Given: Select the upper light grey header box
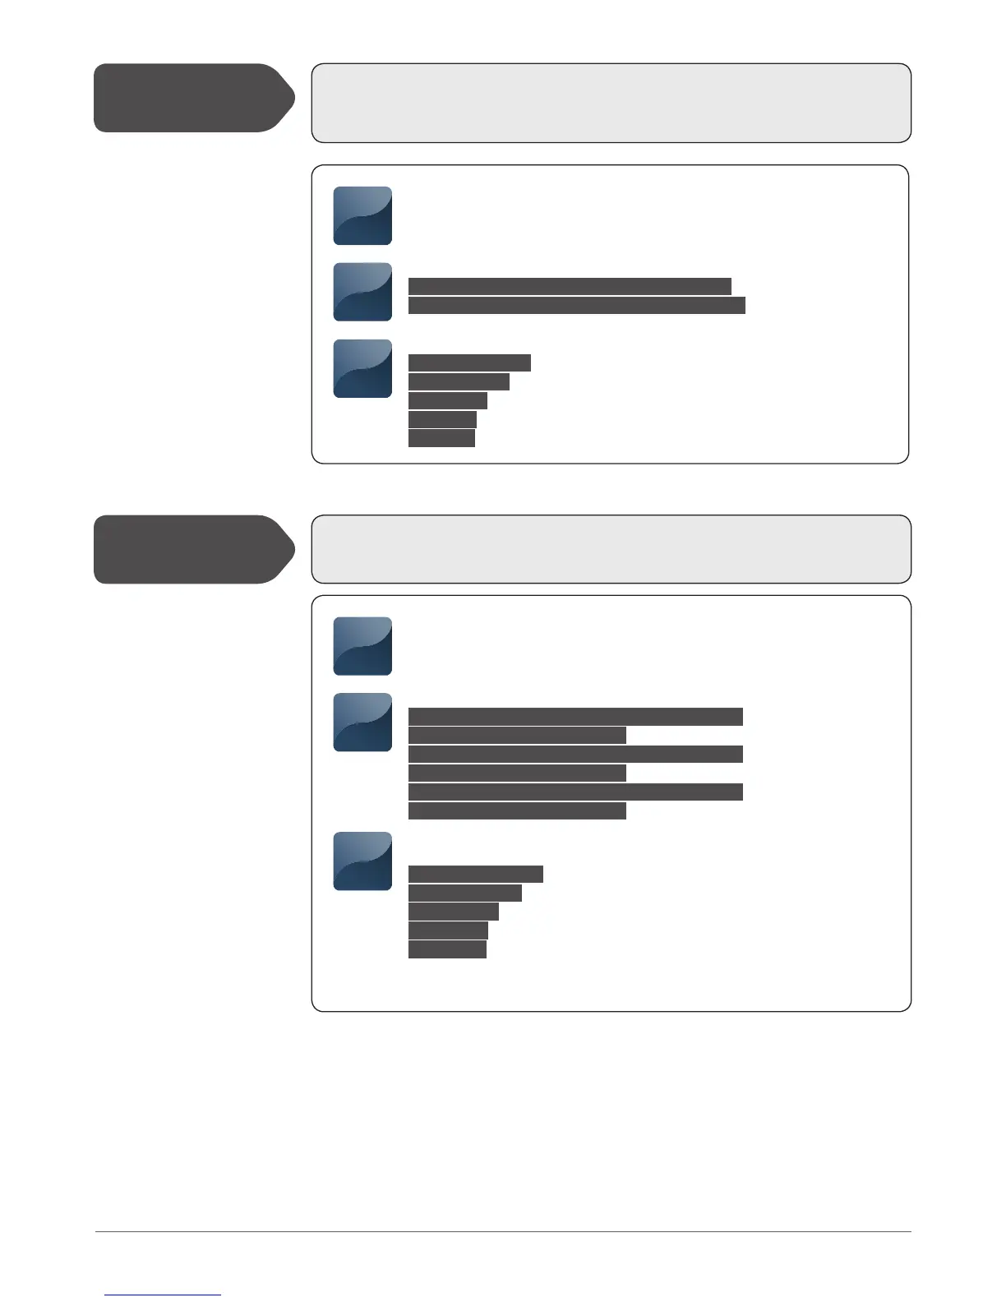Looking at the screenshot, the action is coord(611,103).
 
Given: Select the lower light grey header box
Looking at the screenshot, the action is coord(611,549).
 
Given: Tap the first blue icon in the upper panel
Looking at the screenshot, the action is coord(362,215).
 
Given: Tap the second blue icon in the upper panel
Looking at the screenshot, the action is coord(362,292).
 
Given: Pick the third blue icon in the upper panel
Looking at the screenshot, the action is coord(362,368).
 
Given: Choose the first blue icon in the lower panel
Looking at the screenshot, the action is coord(362,646).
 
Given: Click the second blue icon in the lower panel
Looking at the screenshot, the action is coord(362,723).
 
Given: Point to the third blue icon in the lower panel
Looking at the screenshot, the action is coord(362,861).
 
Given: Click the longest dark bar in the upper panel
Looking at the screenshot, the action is coord(576,306).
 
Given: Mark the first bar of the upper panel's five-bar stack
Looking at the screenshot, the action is coord(469,362).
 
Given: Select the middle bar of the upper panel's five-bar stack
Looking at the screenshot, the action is coord(448,400).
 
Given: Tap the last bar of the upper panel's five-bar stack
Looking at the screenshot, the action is coord(441,438).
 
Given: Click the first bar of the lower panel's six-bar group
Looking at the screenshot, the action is coord(575,716).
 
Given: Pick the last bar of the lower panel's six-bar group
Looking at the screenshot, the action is coord(517,811).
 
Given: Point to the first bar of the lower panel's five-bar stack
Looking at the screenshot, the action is coord(476,874).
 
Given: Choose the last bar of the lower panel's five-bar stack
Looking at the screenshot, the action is coord(447,949).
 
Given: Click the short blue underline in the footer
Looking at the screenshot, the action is coord(163,1295).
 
